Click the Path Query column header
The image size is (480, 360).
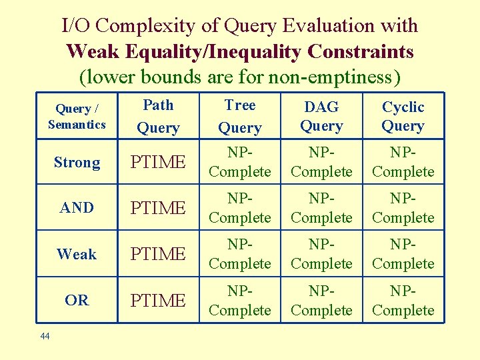(158, 116)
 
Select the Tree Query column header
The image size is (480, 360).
(240, 116)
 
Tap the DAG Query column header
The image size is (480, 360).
(321, 116)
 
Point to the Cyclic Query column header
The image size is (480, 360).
(403, 116)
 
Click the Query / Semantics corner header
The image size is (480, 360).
(77, 116)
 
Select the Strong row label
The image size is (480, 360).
(77, 163)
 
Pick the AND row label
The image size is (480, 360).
(77, 208)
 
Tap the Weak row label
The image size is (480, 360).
(77, 254)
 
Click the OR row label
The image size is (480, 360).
(77, 301)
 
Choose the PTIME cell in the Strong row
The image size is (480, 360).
(158, 163)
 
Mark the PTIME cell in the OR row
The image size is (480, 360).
(158, 301)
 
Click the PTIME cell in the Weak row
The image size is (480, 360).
(158, 254)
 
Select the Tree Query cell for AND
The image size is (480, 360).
(240, 208)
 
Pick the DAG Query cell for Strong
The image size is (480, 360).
(321, 163)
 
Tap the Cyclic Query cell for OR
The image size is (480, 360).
(403, 301)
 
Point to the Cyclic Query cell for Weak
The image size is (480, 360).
(403, 254)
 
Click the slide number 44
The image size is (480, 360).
(45, 337)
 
